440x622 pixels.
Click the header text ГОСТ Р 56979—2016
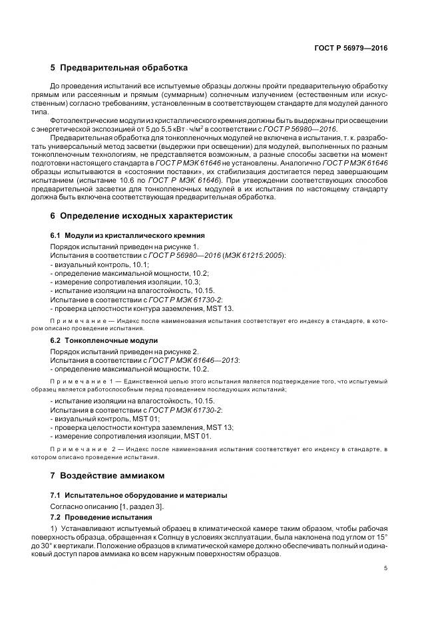click(351, 48)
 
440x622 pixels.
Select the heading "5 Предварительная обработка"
click(119, 68)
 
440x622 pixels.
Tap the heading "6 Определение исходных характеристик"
click(141, 217)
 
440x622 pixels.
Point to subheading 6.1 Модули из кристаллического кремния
click(127, 236)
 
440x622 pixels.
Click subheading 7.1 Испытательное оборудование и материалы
click(138, 495)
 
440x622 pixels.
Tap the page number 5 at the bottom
click(385, 568)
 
